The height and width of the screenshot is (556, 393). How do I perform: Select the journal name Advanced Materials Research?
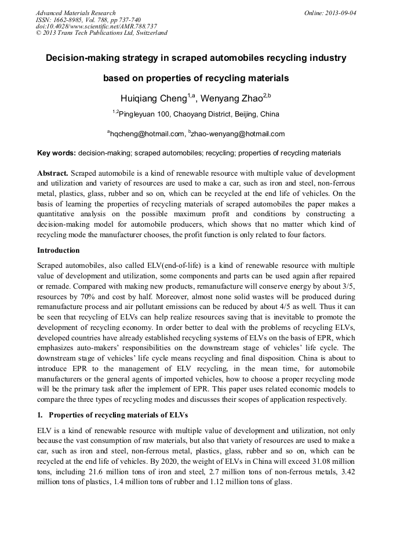click(x=75, y=13)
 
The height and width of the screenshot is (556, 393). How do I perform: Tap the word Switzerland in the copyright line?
click(x=150, y=33)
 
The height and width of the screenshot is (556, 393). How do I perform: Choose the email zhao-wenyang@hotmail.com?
click(x=238, y=134)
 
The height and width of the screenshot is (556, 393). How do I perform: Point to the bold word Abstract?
click(x=53, y=173)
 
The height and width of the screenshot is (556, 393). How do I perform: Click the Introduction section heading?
click(x=59, y=250)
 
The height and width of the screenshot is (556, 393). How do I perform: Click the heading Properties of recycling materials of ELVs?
click(x=118, y=415)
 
